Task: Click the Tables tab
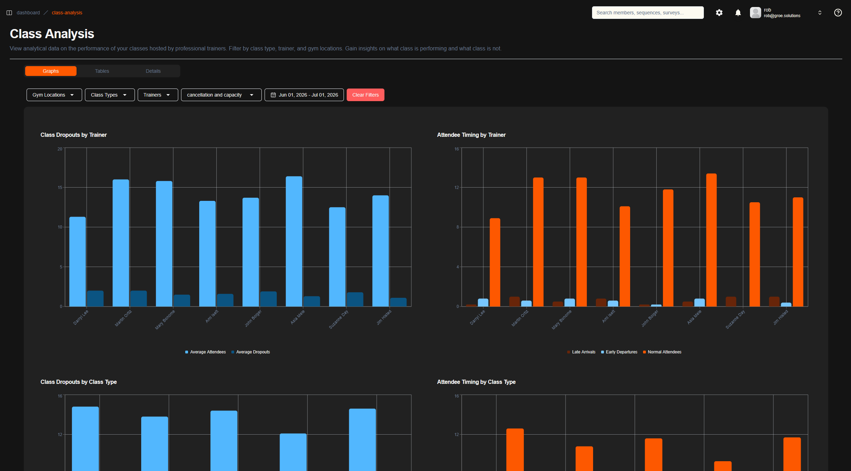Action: click(102, 71)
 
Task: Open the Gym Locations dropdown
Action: click(54, 95)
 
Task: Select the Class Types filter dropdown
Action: click(110, 95)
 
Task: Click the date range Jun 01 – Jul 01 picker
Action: click(304, 95)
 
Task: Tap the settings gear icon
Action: click(719, 13)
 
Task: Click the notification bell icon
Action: click(738, 13)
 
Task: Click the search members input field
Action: click(648, 13)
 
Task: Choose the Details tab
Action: click(153, 71)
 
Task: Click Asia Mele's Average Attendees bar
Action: click(294, 241)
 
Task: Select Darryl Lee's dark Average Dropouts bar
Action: click(95, 298)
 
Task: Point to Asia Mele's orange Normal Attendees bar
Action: click(711, 240)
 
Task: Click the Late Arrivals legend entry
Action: click(581, 352)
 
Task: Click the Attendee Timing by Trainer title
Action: click(471, 135)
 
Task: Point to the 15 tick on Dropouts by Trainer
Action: click(60, 188)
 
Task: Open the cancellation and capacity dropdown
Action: click(221, 95)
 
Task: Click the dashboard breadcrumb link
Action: click(28, 13)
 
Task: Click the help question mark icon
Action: click(838, 13)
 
